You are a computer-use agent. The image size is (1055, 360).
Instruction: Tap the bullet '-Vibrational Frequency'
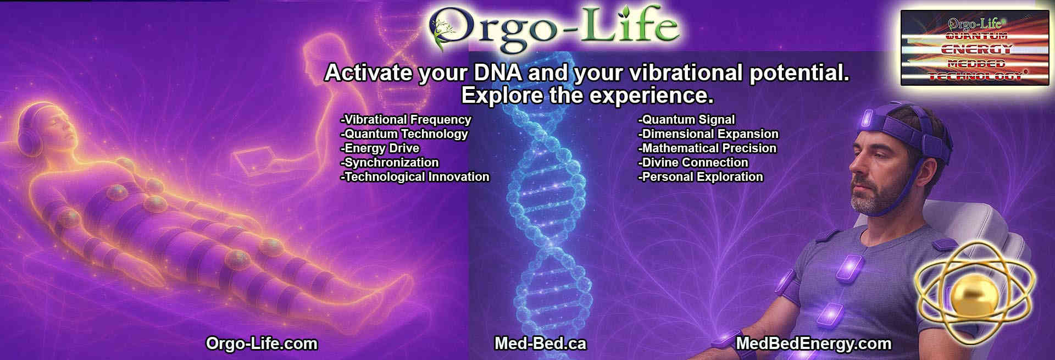pyautogui.click(x=406, y=120)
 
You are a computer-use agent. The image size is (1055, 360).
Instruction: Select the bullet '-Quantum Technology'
pyautogui.click(x=404, y=134)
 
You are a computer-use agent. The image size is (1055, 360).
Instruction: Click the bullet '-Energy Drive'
pyautogui.click(x=380, y=148)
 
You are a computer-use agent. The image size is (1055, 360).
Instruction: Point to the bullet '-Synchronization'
pyautogui.click(x=390, y=163)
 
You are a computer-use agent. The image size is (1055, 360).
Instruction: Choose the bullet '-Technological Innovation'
pyautogui.click(x=415, y=177)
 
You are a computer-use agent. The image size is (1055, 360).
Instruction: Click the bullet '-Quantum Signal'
pyautogui.click(x=686, y=120)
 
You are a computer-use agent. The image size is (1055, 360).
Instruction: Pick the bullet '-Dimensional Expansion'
pyautogui.click(x=708, y=134)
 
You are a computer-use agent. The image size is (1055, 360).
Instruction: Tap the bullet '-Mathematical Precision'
pyautogui.click(x=707, y=148)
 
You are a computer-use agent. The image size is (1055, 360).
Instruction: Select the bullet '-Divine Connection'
pyautogui.click(x=693, y=163)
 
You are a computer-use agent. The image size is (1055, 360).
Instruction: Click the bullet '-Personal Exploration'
pyautogui.click(x=701, y=177)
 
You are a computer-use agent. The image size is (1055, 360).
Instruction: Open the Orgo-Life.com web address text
pyautogui.click(x=262, y=344)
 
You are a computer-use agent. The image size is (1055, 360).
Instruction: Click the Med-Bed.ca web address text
pyautogui.click(x=540, y=344)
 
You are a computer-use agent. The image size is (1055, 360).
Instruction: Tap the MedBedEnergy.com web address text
pyautogui.click(x=813, y=344)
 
